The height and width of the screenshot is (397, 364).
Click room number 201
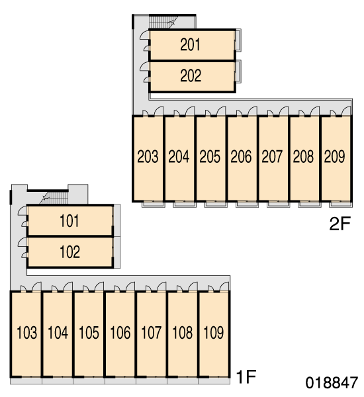click(190, 44)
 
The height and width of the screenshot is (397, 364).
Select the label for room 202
click(191, 75)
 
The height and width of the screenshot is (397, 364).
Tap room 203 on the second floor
click(148, 156)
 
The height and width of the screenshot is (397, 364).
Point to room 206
click(241, 156)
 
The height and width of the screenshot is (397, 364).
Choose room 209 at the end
click(334, 156)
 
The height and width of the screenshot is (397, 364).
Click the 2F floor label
click(340, 224)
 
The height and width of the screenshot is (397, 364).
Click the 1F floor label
click(246, 376)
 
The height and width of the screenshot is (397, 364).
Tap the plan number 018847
click(332, 382)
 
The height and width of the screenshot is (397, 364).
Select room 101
click(69, 221)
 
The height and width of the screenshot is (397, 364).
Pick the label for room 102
click(69, 252)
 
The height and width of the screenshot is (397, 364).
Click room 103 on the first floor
click(26, 333)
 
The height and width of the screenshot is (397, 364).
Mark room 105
click(89, 333)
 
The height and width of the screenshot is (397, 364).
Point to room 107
click(151, 333)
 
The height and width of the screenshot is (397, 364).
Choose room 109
click(214, 333)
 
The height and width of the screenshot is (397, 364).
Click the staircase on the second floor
click(164, 22)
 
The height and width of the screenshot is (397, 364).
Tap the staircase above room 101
click(54, 198)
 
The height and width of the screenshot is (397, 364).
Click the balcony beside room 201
click(238, 40)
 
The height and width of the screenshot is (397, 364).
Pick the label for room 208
click(303, 156)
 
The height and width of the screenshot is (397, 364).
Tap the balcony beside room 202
click(238, 71)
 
